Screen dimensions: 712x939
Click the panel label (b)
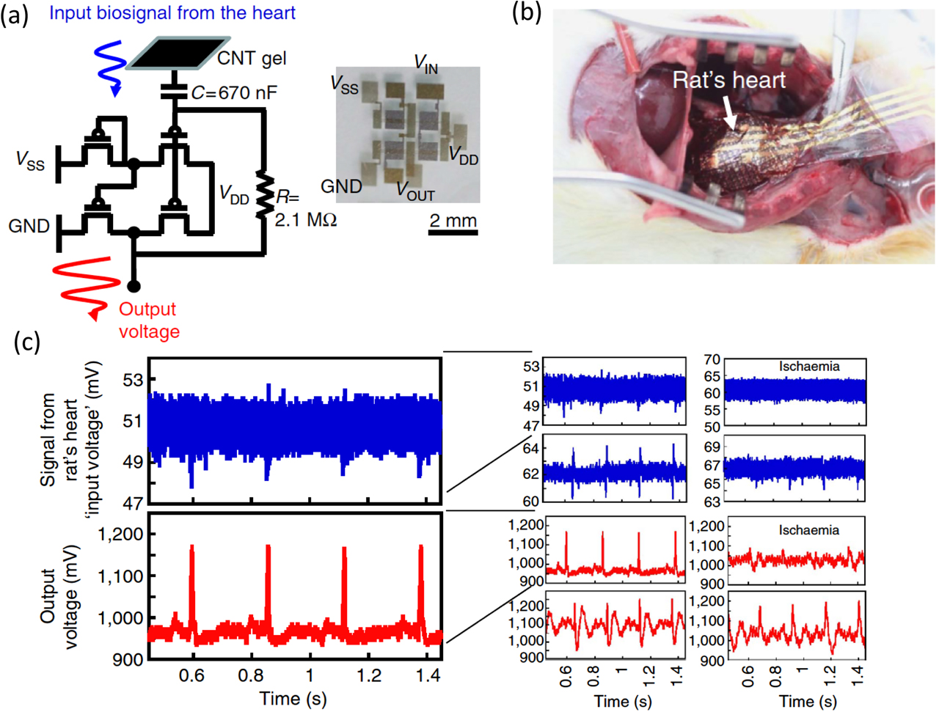[525, 12]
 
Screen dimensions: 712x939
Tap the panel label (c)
[27, 342]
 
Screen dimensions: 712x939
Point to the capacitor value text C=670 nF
[235, 93]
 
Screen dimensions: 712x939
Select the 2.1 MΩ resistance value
[305, 219]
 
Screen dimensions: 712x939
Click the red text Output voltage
[149, 320]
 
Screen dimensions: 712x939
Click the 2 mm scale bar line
[453, 233]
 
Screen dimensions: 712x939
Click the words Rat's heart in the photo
[728, 80]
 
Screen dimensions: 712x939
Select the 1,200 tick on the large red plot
[120, 534]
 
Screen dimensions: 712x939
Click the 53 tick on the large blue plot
[133, 380]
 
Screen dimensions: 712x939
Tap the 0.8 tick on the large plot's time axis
[251, 675]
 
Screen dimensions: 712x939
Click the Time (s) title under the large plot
[293, 699]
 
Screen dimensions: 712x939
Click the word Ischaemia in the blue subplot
[809, 367]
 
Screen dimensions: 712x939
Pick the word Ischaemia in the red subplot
[808, 530]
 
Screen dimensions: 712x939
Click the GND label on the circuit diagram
[29, 226]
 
